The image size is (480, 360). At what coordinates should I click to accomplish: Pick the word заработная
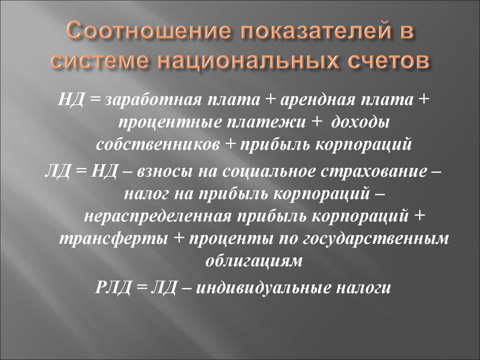tap(149, 99)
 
